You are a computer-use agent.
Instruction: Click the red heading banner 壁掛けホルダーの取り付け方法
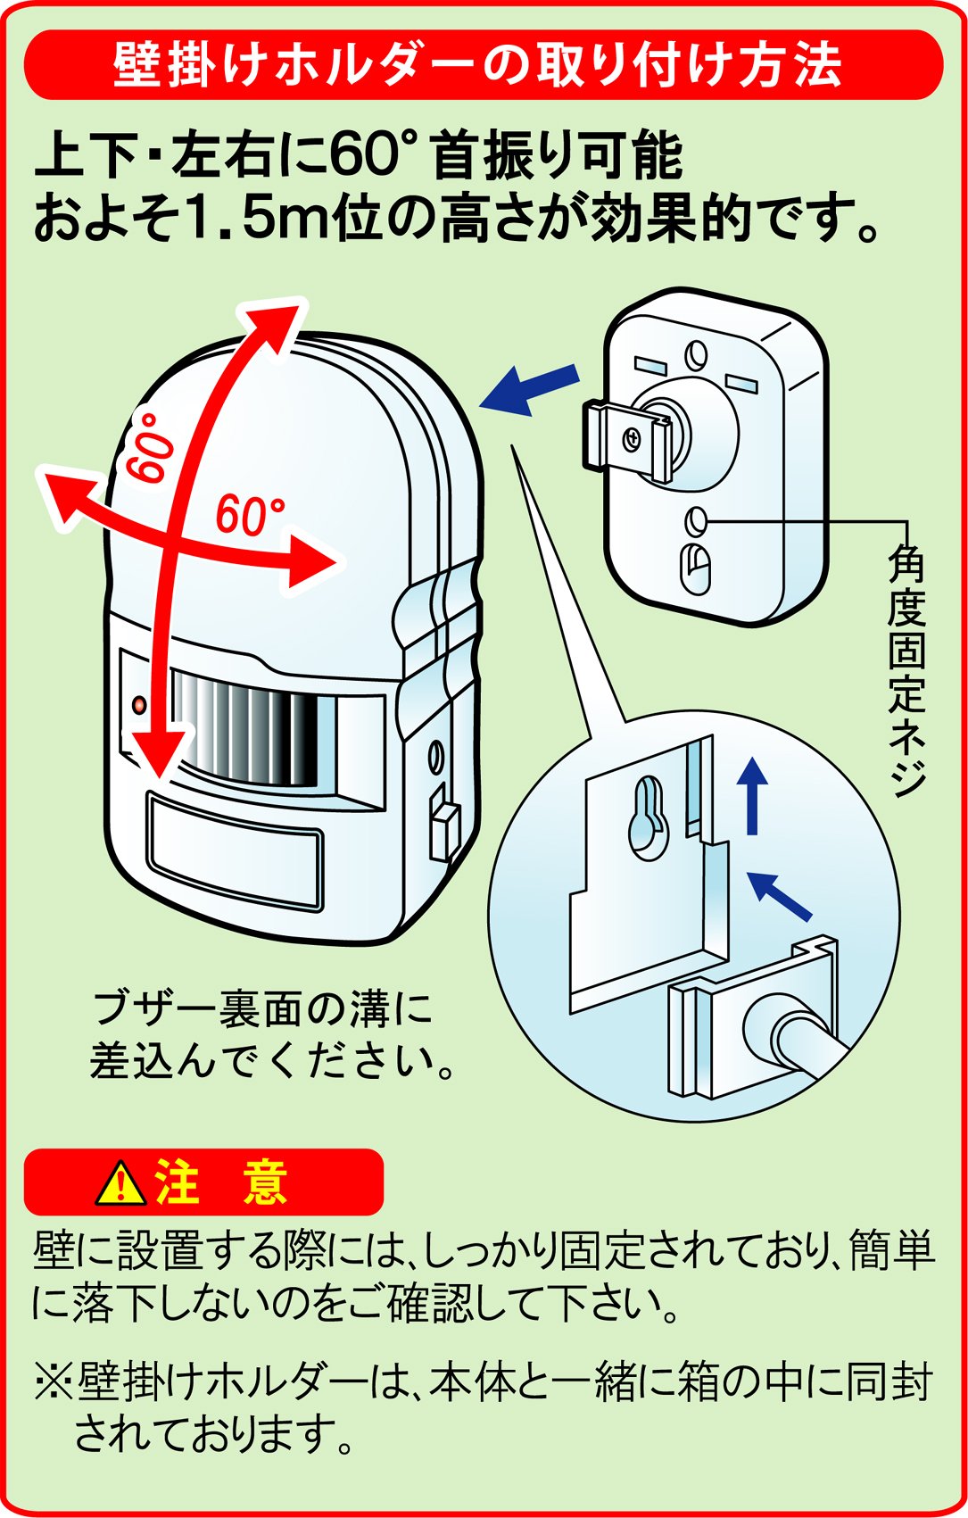tap(483, 64)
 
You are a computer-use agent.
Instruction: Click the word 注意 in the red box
tap(220, 1182)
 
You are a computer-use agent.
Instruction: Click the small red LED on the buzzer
tap(139, 705)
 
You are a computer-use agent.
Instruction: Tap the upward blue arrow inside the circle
tap(754, 793)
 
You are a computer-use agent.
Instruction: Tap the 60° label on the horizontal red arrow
tap(250, 515)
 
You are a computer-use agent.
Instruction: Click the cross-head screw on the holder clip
tap(633, 437)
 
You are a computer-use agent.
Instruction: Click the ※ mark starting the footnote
tap(54, 1381)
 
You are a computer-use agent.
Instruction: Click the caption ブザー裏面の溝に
tap(262, 1008)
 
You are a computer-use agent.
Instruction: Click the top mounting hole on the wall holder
tap(696, 355)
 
